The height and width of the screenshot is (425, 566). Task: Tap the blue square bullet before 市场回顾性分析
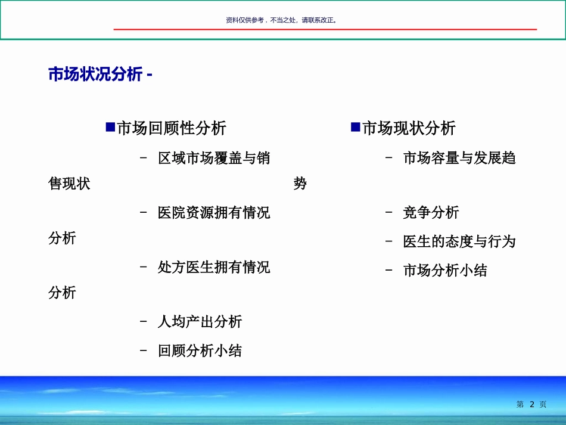110,127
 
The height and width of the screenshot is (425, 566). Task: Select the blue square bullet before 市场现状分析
356,127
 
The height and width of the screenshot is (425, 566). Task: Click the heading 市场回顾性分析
172,128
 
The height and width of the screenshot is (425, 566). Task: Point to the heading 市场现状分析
409,128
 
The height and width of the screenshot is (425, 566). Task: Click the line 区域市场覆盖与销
214,159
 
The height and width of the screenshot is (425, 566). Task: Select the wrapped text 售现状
69,184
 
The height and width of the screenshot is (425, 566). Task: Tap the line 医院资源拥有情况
214,213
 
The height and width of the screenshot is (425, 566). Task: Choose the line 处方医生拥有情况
214,267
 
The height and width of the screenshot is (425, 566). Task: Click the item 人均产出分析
200,322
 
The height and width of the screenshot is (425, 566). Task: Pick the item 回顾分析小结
200,351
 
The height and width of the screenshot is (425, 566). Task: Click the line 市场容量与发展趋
459,159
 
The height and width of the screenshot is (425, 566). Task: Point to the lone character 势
300,184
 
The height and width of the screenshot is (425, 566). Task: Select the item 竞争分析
431,213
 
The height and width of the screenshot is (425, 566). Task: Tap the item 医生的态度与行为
459,241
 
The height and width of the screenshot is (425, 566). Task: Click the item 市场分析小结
445,271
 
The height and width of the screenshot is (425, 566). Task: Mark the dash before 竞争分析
389,213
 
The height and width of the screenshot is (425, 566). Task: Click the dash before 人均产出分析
144,322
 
